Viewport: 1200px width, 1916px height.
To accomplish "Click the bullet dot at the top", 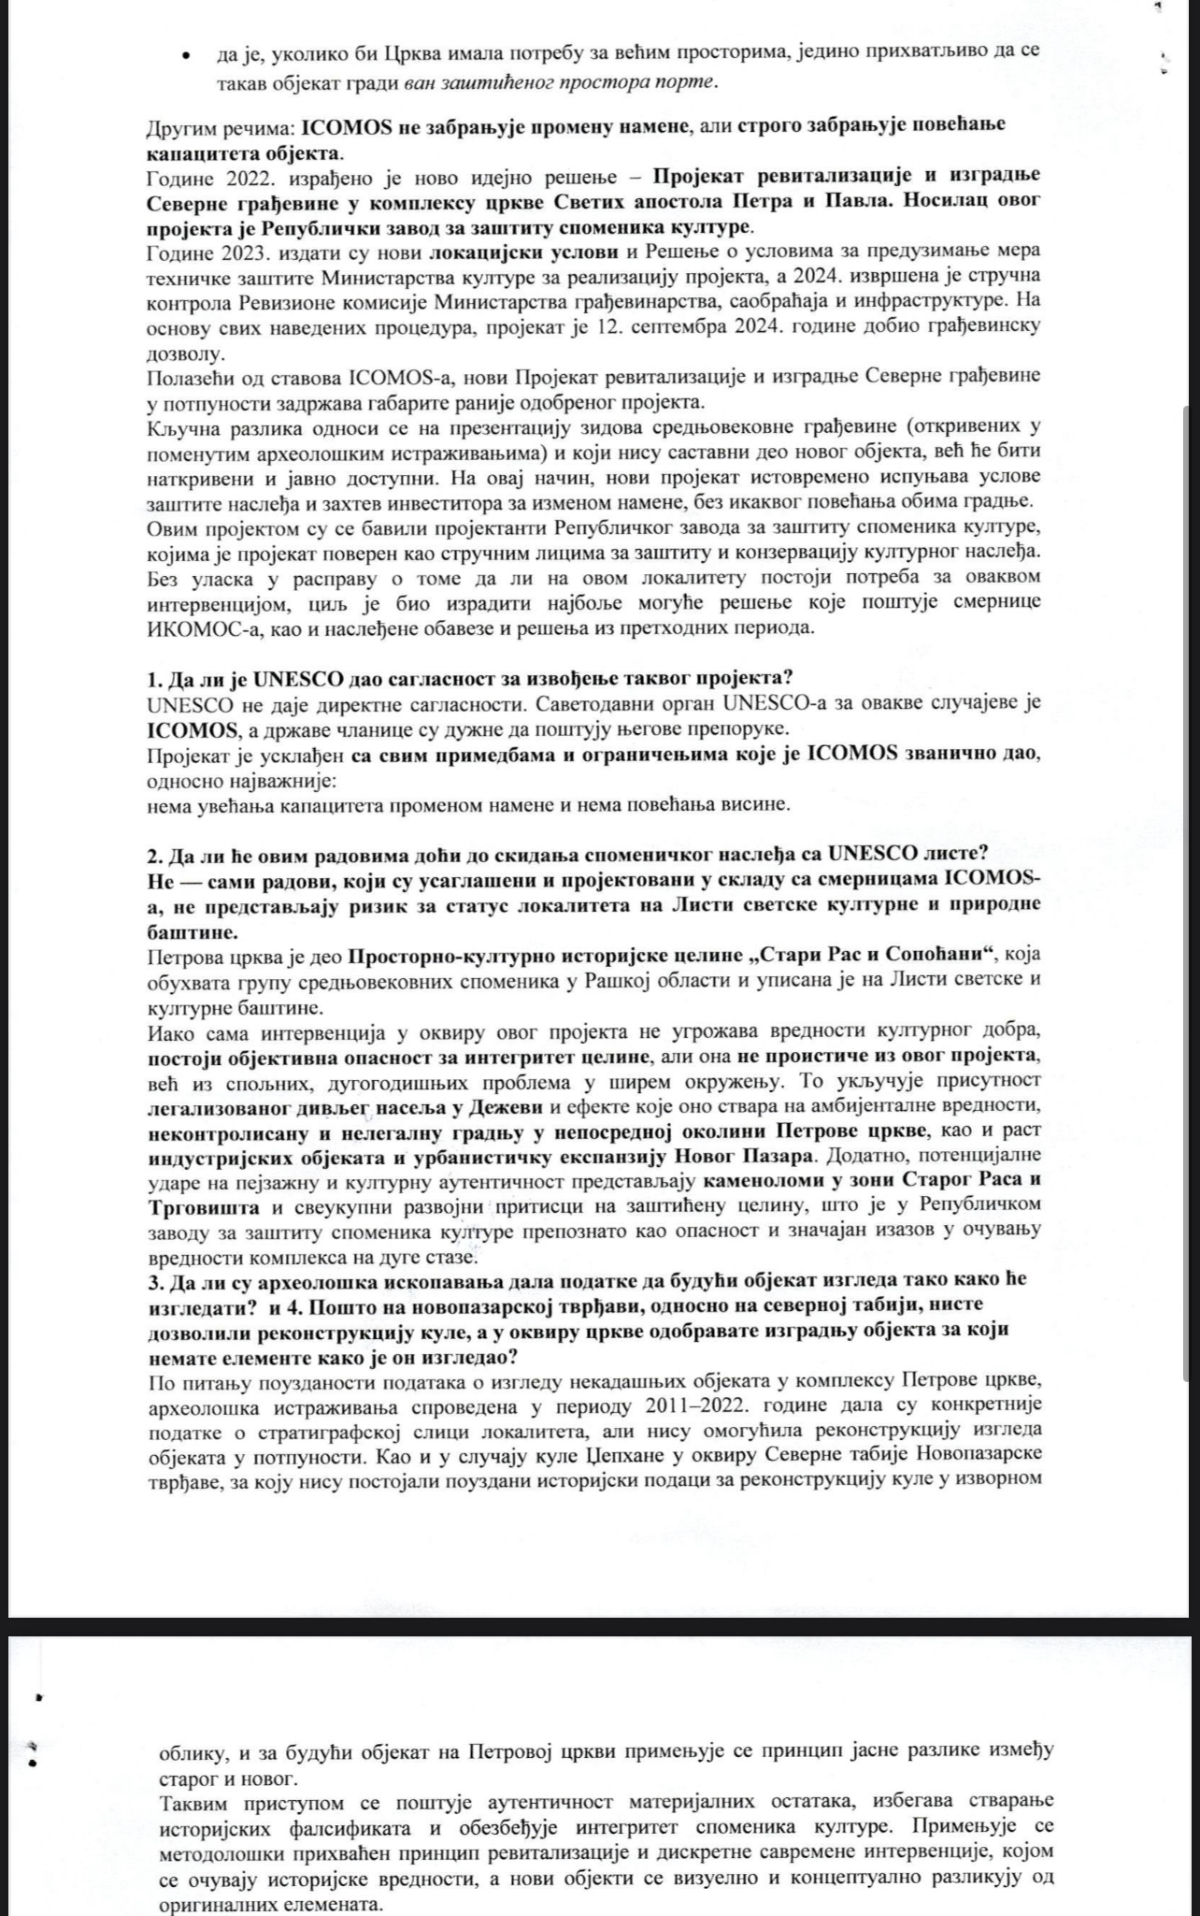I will pyautogui.click(x=191, y=55).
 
